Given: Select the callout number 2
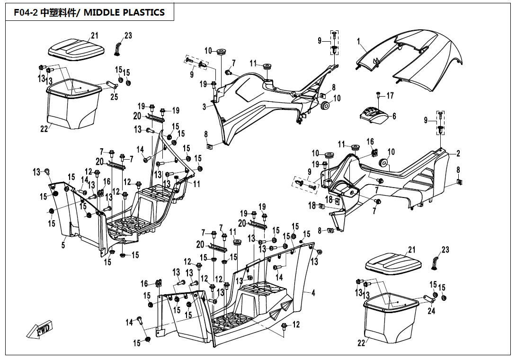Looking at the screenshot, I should (x=458, y=153).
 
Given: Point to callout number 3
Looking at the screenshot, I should (x=205, y=107).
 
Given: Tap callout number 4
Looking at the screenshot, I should (x=313, y=293).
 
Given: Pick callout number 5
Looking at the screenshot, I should (x=63, y=245).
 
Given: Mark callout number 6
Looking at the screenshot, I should (x=394, y=116).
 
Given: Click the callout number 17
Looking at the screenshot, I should (x=390, y=96).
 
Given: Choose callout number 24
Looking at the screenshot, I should (x=431, y=311).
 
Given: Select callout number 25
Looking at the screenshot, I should (x=114, y=97).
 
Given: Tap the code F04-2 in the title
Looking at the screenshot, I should (x=23, y=13).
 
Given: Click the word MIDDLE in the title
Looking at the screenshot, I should (x=104, y=13).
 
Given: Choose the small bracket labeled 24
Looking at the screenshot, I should (x=428, y=298).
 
